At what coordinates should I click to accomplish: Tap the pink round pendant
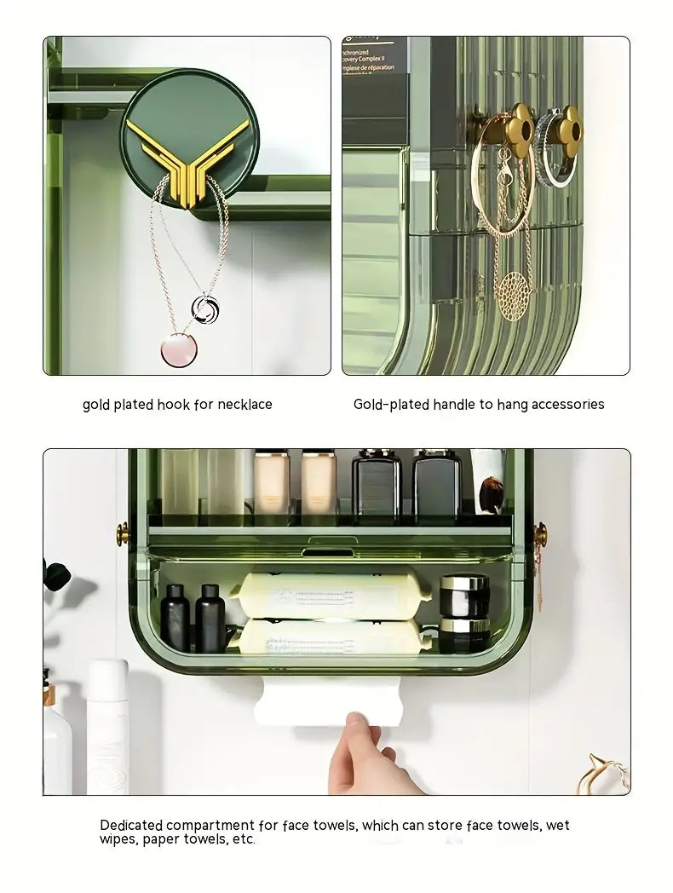(179, 349)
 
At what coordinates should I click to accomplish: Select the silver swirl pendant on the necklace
(204, 308)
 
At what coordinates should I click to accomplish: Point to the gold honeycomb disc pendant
(512, 295)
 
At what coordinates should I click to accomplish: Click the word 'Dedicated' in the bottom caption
(132, 825)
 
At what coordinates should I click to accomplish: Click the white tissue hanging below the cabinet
(328, 703)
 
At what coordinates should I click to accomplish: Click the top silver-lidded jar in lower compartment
(464, 595)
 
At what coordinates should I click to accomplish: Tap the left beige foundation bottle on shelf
(271, 482)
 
